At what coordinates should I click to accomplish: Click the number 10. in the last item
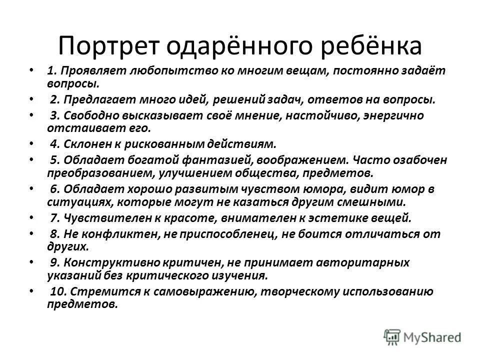click(x=58, y=292)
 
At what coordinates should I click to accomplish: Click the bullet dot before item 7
click(x=32, y=218)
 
